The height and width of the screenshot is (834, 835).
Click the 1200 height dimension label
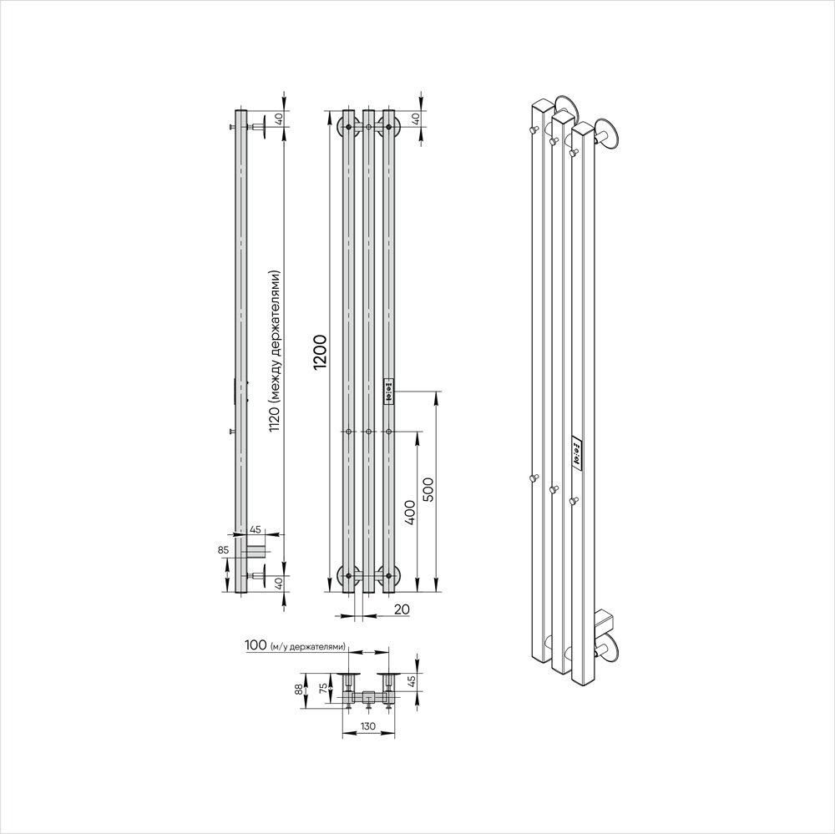click(320, 352)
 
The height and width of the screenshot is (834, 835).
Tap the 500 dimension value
click(429, 489)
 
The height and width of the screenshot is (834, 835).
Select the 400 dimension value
click(409, 512)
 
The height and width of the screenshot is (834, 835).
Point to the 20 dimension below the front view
click(402, 609)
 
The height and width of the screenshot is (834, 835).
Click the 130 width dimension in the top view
click(368, 726)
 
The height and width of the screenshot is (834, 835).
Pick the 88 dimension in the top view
click(298, 689)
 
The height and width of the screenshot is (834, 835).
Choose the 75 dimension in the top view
click(321, 689)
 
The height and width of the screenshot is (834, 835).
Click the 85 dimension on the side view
click(223, 549)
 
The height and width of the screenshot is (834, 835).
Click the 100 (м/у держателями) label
click(295, 645)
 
